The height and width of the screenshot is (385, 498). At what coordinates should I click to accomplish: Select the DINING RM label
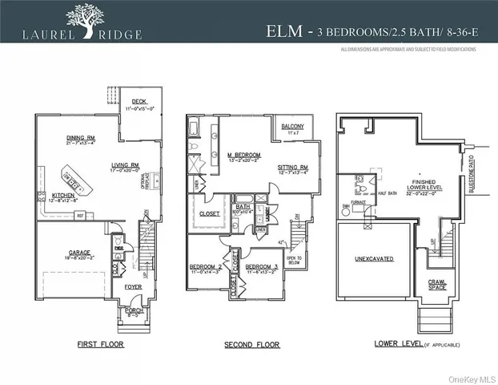click(x=80, y=138)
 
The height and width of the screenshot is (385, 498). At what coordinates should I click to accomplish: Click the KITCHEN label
click(x=64, y=195)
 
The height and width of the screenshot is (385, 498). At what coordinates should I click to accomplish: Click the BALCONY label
click(x=291, y=125)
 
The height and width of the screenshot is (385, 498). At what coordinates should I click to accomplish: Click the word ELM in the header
click(x=285, y=32)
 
